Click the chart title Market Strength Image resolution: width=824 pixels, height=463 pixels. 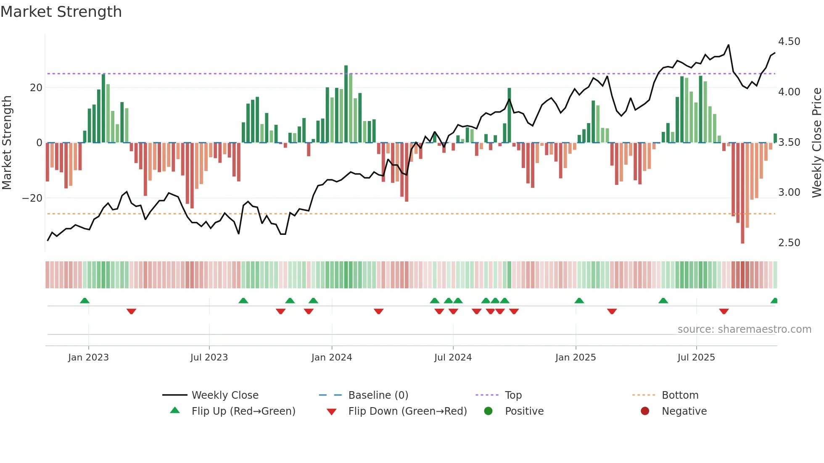(x=61, y=12)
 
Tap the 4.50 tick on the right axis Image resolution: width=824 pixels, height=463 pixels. (x=789, y=42)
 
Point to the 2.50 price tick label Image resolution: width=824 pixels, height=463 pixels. (x=789, y=243)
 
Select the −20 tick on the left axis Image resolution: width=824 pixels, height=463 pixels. (x=32, y=198)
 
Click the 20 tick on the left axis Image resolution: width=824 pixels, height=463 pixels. (x=36, y=88)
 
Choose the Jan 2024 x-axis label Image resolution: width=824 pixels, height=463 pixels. (x=331, y=358)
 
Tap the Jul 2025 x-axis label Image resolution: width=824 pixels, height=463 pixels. (x=696, y=358)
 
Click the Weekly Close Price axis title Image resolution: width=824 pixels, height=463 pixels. (x=816, y=143)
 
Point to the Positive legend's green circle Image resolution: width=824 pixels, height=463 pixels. (x=488, y=411)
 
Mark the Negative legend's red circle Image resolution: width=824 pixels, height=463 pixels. (x=645, y=411)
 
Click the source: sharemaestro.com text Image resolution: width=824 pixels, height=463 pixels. (x=744, y=329)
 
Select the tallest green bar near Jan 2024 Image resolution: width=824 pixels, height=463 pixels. (x=346, y=104)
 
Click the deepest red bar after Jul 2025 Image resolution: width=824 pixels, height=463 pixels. (x=742, y=193)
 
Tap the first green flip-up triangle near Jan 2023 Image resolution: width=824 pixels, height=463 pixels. (x=85, y=301)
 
